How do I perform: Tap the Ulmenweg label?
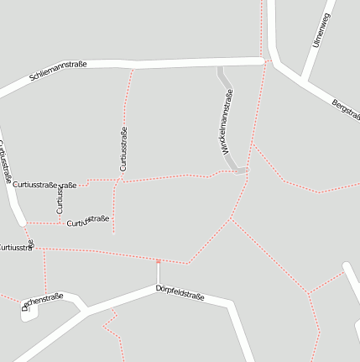[321, 30]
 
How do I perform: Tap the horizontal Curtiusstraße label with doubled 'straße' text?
[45, 184]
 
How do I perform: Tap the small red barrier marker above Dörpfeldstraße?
[158, 262]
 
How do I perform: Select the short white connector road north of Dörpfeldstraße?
[158, 275]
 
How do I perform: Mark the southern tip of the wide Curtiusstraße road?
[23, 223]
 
